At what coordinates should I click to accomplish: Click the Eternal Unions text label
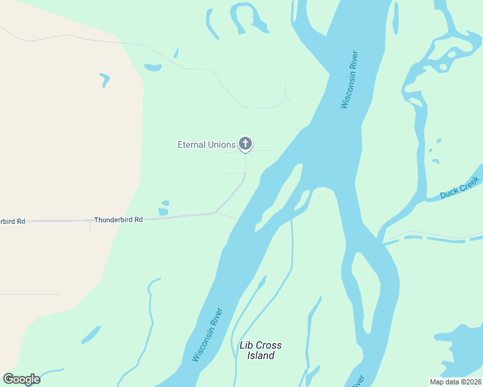coord(207,144)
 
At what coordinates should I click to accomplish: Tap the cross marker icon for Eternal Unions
coord(245,143)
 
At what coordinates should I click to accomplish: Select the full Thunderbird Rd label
coord(118,220)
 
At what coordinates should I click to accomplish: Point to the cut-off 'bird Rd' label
coord(13,221)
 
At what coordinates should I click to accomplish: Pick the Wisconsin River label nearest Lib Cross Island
coord(208,334)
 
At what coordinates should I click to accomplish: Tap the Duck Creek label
coord(460,187)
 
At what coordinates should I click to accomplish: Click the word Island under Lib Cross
coord(261,355)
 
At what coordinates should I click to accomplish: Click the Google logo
coord(21,379)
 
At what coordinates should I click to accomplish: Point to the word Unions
coord(221,144)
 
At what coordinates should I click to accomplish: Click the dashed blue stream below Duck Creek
coord(433,239)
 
